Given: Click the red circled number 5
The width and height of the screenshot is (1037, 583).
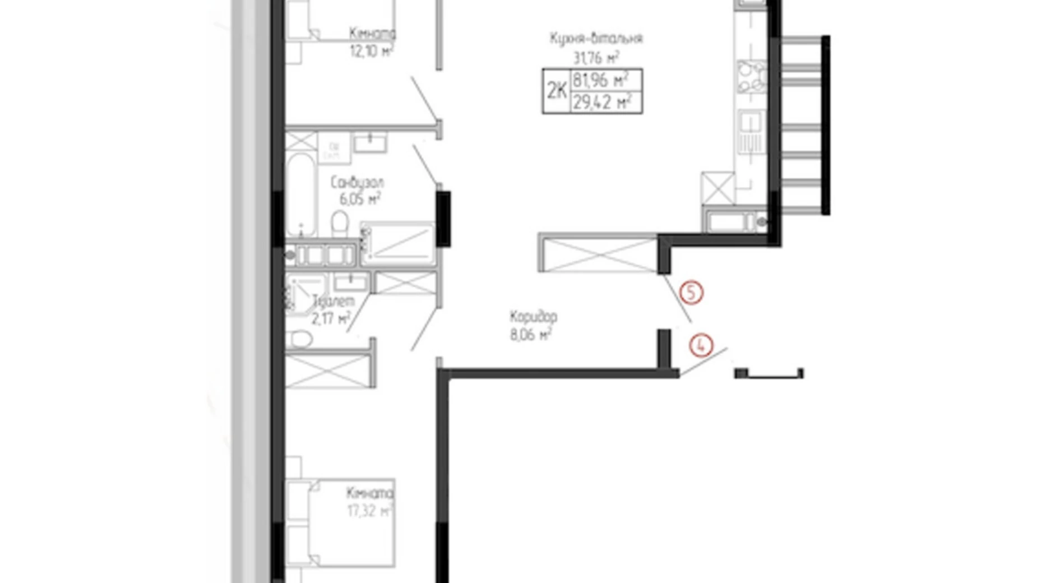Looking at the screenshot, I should pyautogui.click(x=691, y=293).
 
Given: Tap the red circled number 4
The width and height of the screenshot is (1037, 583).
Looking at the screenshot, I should pyautogui.click(x=701, y=345).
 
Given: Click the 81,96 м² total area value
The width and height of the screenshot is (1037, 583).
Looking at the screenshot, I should pyautogui.click(x=600, y=80).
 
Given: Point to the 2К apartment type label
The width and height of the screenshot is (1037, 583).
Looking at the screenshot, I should pyautogui.click(x=557, y=91).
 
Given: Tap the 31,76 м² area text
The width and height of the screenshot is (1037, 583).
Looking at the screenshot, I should pyautogui.click(x=596, y=57).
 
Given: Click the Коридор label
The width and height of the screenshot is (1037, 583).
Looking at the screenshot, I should pyautogui.click(x=533, y=317).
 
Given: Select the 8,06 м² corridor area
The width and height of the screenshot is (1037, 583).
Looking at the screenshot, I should pyautogui.click(x=530, y=335).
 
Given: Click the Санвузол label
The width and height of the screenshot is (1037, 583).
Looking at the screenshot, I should pyautogui.click(x=357, y=183).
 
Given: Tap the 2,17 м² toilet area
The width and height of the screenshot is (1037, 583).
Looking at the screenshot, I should pyautogui.click(x=331, y=319).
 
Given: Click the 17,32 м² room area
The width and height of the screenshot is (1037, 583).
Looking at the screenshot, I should pyautogui.click(x=370, y=511).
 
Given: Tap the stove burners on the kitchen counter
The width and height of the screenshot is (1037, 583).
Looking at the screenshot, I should pyautogui.click(x=751, y=77).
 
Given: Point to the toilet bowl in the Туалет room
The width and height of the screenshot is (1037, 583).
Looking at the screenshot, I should pyautogui.click(x=300, y=339).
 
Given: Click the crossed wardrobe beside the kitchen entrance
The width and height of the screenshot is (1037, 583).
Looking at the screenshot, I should pyautogui.click(x=598, y=254).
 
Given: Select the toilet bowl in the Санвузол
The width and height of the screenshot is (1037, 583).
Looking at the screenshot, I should pyautogui.click(x=340, y=223).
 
